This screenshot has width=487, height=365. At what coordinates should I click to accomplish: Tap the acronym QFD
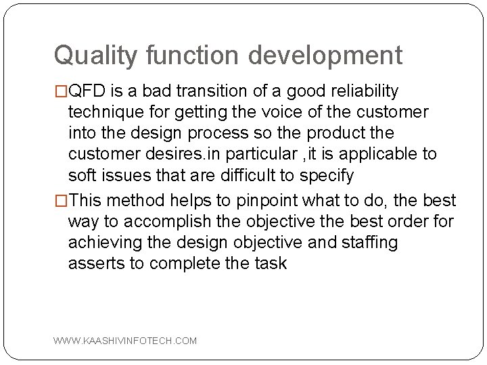(86, 91)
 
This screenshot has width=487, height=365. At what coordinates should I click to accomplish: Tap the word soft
(82, 175)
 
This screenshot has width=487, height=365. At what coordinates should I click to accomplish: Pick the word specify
(327, 175)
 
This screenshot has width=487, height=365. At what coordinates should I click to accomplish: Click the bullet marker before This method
(61, 201)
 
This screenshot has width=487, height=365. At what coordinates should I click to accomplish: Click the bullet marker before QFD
(61, 91)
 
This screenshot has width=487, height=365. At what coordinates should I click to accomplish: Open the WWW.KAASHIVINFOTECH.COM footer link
(126, 341)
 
